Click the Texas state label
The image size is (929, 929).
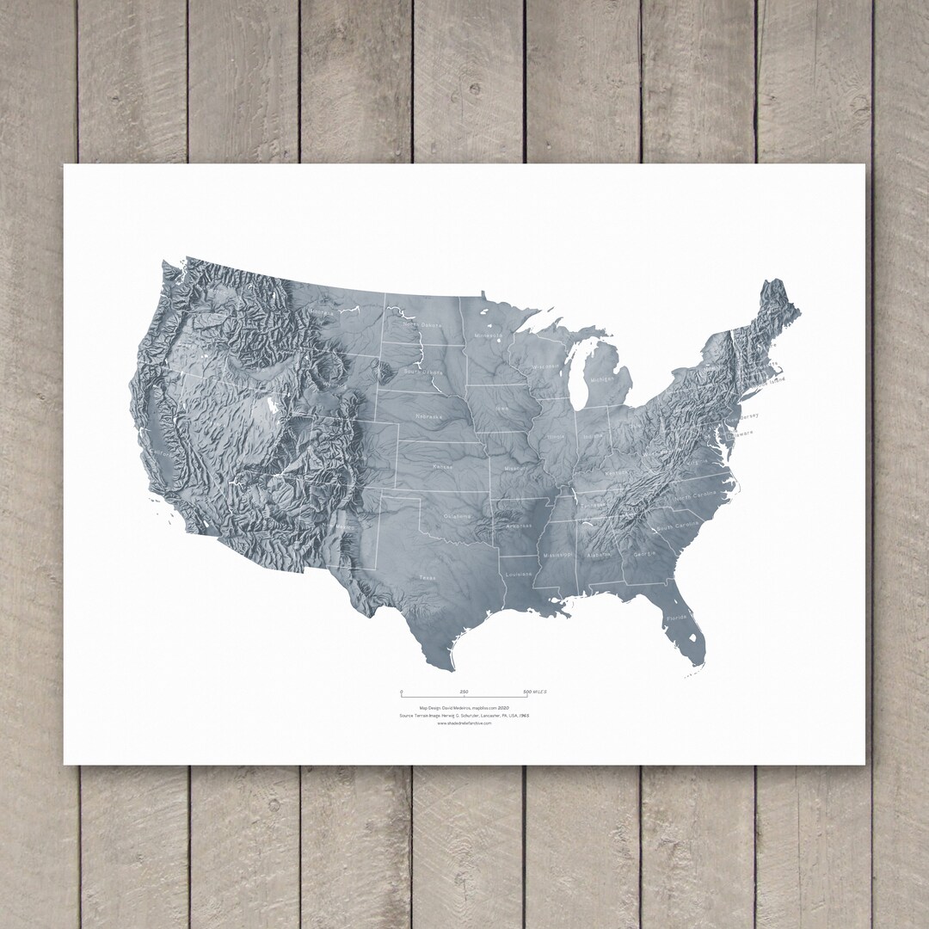(427, 578)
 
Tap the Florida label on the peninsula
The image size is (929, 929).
(677, 618)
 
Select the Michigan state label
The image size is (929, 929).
(602, 379)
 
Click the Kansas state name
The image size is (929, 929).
(443, 465)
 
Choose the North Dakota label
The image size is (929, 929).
(421, 325)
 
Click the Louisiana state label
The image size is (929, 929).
(518, 573)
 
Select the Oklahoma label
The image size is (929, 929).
(457, 516)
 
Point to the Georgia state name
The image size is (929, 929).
(643, 554)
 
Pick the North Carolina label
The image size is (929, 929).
(695, 497)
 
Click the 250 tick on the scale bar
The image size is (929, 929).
(464, 693)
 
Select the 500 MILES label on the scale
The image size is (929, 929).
(535, 692)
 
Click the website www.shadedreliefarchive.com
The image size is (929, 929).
(464, 723)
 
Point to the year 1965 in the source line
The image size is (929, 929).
(523, 715)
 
